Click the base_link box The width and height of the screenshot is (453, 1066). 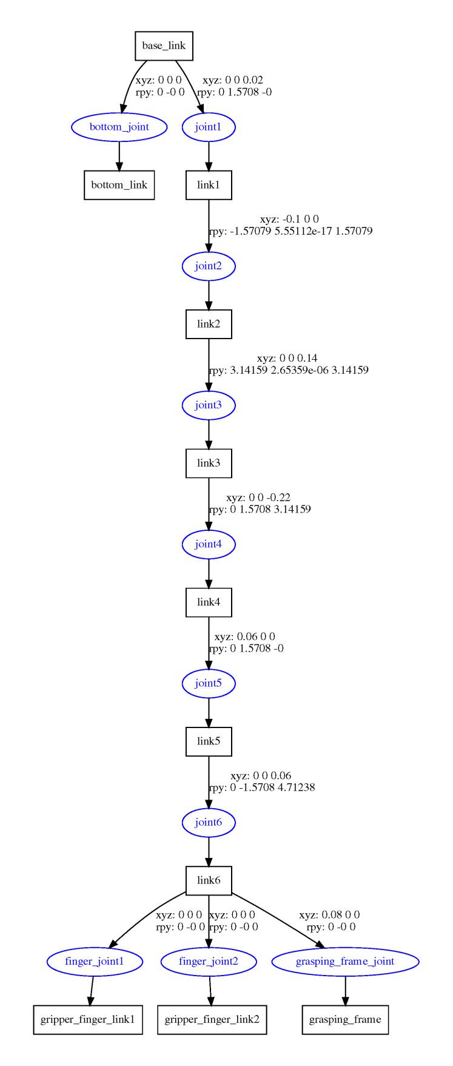tap(163, 46)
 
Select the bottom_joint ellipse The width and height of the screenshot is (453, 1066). tap(119, 127)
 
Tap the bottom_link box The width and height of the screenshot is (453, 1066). tap(119, 184)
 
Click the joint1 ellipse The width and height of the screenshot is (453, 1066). tap(209, 127)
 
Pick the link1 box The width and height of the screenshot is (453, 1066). tap(209, 184)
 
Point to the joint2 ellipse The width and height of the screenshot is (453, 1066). tap(209, 266)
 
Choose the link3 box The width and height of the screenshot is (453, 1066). tap(209, 463)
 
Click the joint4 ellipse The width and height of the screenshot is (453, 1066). tap(209, 544)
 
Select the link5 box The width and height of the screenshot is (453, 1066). tap(209, 741)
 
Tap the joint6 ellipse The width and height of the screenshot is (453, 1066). tap(209, 823)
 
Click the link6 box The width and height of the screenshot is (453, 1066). tap(209, 880)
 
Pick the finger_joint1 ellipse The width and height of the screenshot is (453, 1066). tap(95, 962)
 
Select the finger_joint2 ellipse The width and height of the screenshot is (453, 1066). tap(209, 962)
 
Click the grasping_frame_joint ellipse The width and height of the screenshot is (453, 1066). tap(345, 962)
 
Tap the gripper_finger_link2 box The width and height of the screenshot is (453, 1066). tap(212, 1019)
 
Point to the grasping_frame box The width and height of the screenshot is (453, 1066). tap(345, 1019)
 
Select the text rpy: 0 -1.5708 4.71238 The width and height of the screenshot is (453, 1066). tap(262, 788)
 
